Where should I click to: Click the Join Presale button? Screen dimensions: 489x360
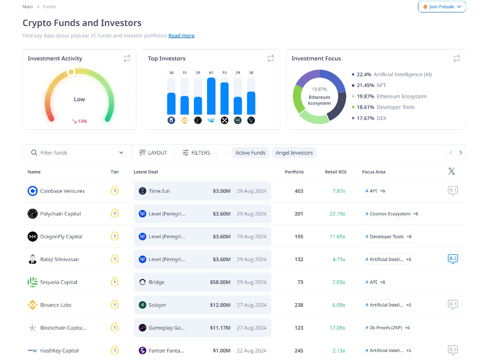coord(442,7)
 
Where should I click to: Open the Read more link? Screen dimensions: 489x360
coord(181,36)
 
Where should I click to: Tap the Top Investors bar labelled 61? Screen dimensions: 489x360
coord(211,96)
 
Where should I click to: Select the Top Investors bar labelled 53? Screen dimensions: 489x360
coord(225,98)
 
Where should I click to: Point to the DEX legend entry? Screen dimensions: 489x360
coord(369,118)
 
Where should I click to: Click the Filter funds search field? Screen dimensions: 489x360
coord(77,152)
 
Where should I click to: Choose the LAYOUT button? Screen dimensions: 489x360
coord(153,152)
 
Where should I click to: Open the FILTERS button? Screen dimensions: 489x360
coord(196,152)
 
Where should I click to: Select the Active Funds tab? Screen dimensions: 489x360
coord(250,152)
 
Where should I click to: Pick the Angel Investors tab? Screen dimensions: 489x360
coord(294,152)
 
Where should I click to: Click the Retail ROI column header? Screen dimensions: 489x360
coord(335,172)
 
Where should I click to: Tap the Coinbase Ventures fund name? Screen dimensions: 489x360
coord(63,191)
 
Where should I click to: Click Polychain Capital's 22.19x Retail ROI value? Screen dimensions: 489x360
coord(337,214)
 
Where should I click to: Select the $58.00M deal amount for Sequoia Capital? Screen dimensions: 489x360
coord(220,282)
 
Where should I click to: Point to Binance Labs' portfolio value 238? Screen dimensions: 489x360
coord(299,305)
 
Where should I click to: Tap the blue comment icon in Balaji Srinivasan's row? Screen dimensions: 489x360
coord(453,259)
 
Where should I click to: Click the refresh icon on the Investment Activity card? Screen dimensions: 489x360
coord(127,59)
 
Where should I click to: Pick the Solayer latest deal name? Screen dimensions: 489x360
coord(158,305)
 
